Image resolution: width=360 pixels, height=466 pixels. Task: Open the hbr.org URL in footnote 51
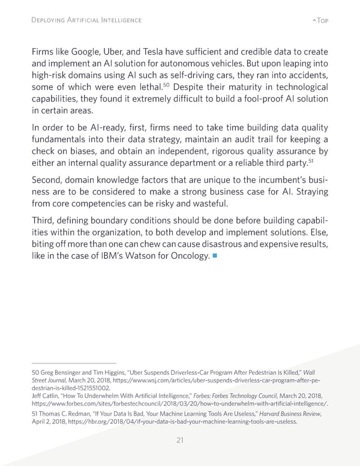point(180,422)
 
